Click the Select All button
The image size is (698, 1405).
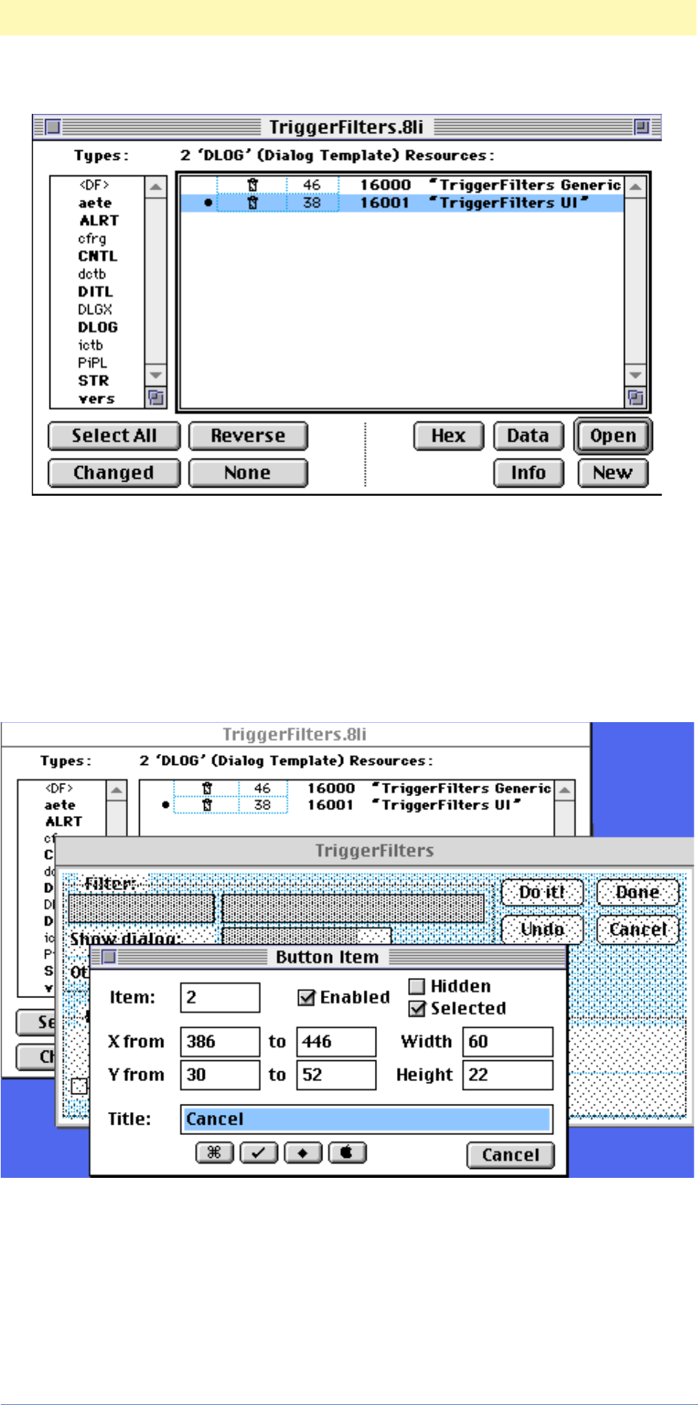coord(114,436)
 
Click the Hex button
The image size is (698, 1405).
coord(448,436)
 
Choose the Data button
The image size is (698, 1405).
coord(528,436)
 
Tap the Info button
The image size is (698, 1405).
coord(528,473)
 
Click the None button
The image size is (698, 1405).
coord(248,473)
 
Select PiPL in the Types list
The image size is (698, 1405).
coord(92,363)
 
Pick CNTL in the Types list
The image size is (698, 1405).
coord(98,256)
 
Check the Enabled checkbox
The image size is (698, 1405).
coord(306,998)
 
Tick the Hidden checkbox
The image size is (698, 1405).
coord(417,987)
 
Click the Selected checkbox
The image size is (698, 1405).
coord(417,1009)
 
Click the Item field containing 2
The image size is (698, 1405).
coord(220,997)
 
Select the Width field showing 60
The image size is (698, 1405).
coord(508,1042)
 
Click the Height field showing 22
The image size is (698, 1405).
coord(508,1075)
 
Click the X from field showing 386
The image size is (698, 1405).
coord(220,1042)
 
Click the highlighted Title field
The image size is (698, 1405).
coord(366,1119)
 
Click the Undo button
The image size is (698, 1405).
coord(542,929)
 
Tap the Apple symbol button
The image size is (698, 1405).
coord(347,1153)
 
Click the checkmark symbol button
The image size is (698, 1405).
coord(259,1153)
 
